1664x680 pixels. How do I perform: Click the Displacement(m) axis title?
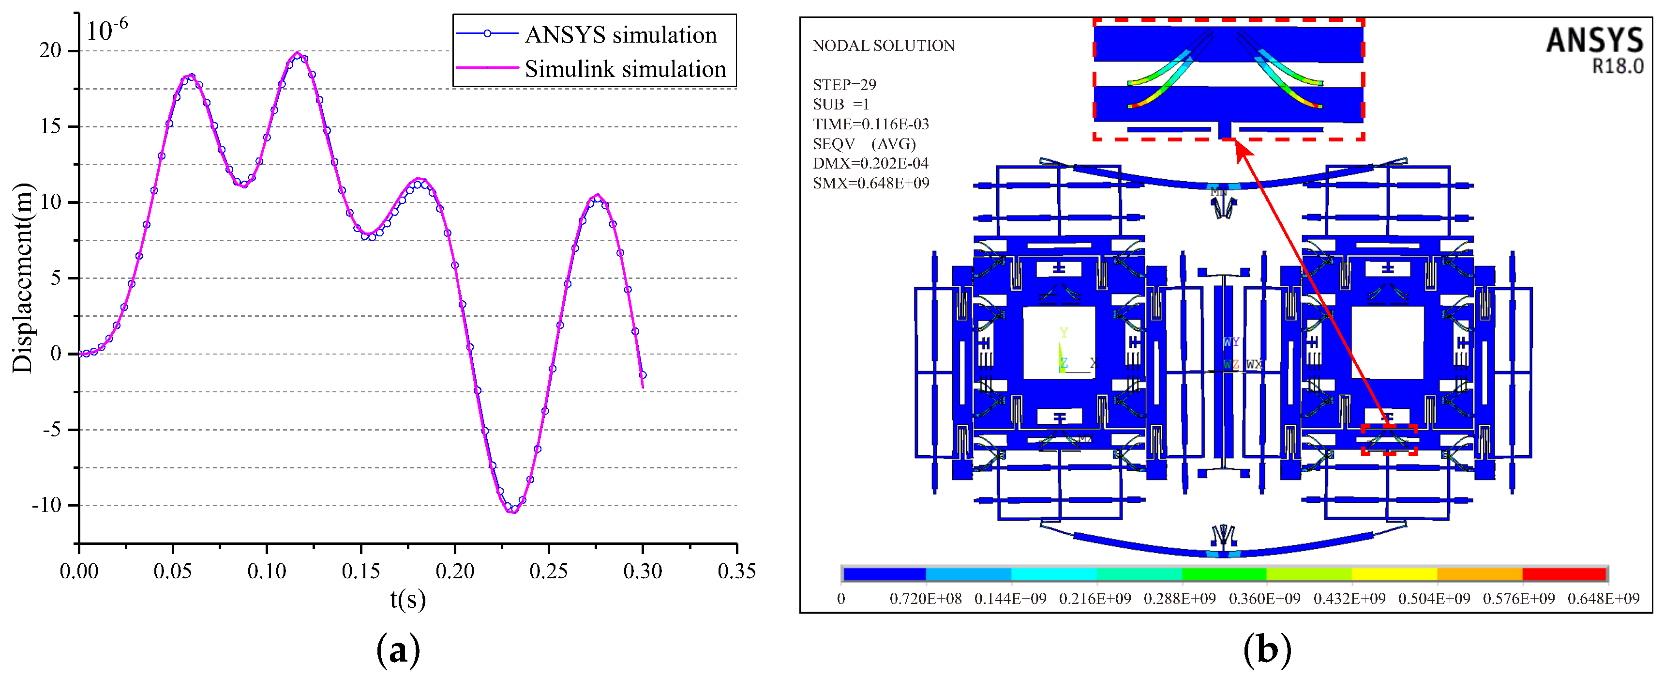(x=23, y=278)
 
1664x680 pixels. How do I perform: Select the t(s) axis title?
(x=407, y=599)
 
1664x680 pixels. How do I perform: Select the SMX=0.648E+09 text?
(x=871, y=183)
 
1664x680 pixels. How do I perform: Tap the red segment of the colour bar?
(x=1564, y=574)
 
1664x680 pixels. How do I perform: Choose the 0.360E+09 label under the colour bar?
(x=1264, y=599)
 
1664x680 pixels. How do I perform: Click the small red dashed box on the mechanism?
(x=1389, y=440)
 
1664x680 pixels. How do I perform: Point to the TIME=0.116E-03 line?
(x=871, y=124)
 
